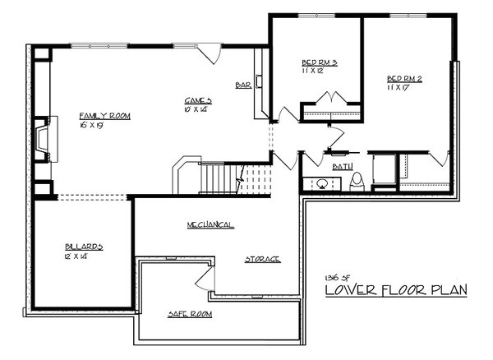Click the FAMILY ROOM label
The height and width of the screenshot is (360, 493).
tap(104, 116)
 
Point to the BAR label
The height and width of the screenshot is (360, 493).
tap(242, 84)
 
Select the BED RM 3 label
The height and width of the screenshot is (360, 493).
tap(320, 62)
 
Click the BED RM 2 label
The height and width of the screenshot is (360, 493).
tap(404, 79)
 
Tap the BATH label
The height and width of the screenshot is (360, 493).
tap(343, 167)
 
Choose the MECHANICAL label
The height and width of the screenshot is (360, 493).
tap(210, 224)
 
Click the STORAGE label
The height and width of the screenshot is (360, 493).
tap(262, 259)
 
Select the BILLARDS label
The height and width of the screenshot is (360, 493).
tap(84, 247)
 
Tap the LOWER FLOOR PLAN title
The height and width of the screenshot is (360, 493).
tap(395, 290)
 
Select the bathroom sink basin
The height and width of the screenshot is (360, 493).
tap(313, 182)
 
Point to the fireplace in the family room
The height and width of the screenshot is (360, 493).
tap(41, 138)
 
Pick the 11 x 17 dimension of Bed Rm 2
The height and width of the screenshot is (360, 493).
tap(399, 89)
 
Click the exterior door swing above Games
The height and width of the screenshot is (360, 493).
tap(211, 54)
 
